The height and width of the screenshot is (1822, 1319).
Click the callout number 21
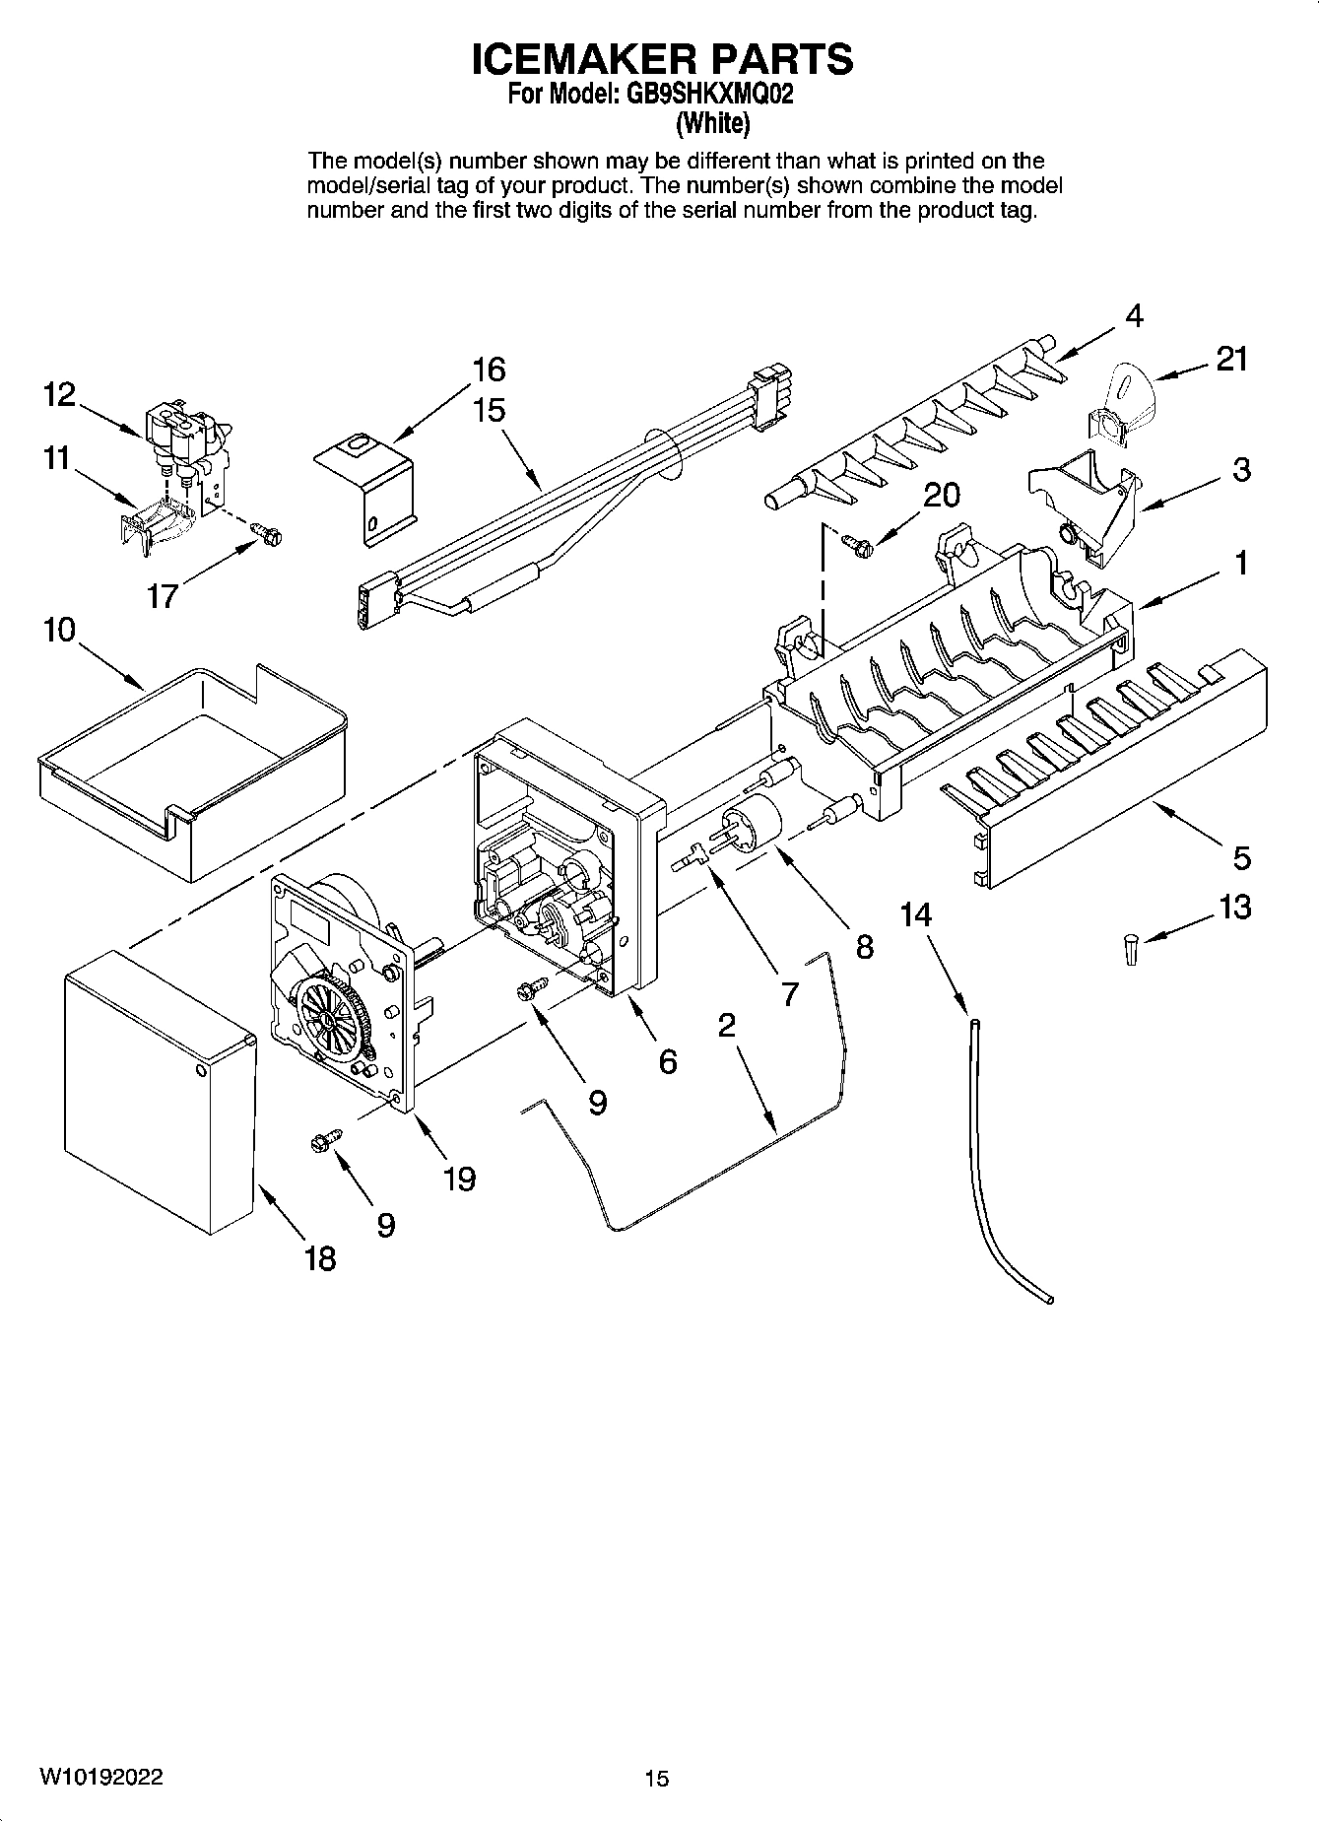coord(1231,360)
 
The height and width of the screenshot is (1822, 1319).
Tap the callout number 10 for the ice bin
coord(59,630)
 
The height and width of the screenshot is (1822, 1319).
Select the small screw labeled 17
coord(267,533)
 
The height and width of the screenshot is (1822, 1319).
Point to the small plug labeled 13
coord(1131,951)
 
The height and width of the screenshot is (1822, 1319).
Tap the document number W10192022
coord(101,1777)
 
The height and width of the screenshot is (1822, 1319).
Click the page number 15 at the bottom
coord(657,1779)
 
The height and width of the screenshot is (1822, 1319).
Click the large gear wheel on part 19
coord(332,1020)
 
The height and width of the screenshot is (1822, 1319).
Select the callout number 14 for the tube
coord(915,915)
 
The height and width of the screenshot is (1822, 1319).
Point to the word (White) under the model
coord(712,124)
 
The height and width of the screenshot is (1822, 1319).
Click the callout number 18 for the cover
coord(320,1258)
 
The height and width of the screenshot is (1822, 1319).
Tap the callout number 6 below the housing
coord(668,1061)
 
